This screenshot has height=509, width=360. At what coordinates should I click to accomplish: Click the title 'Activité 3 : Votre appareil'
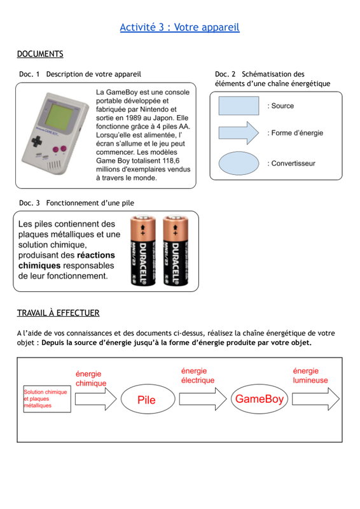coord(179,27)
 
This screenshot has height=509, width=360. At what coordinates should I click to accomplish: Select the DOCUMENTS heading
coord(40,54)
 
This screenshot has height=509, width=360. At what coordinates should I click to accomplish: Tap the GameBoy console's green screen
coord(59,116)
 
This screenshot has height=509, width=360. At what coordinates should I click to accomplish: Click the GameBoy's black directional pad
coord(36,141)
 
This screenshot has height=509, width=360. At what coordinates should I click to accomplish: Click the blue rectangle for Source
coord(239,106)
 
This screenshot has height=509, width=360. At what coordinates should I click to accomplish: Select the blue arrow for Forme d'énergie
coord(239,133)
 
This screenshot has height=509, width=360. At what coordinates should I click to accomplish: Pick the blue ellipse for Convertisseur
coord(239,164)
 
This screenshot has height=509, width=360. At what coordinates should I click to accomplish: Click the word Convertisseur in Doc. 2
coord(293,164)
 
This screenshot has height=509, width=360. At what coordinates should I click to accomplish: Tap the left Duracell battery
coord(143,250)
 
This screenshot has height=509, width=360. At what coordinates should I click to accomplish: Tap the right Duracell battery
coord(176,250)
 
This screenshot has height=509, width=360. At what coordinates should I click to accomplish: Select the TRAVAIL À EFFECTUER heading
coord(58,313)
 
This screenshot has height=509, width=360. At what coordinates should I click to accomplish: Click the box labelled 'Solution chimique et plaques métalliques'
coord(47,399)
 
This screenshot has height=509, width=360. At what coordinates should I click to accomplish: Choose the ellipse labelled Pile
coord(148,400)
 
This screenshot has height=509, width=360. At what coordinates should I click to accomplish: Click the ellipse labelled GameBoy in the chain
coord(260,399)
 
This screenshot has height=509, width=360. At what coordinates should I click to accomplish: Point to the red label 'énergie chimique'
coord(91,379)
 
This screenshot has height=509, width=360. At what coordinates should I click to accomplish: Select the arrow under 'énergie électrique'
coord(203,400)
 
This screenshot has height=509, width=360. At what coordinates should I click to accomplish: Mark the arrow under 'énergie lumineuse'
coord(315,400)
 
